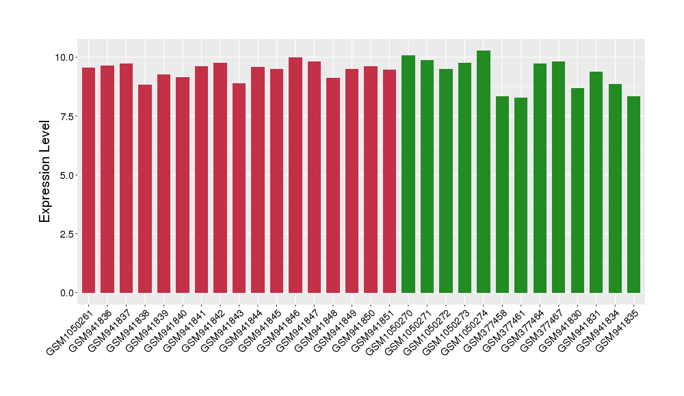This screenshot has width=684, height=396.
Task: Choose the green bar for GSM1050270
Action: coord(408,174)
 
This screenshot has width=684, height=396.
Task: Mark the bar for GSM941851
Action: coord(389,182)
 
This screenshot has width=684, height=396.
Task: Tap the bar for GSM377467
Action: coord(559,178)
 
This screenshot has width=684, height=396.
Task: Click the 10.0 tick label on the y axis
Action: coord(66,57)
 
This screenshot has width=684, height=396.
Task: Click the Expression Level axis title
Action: coord(45,171)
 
